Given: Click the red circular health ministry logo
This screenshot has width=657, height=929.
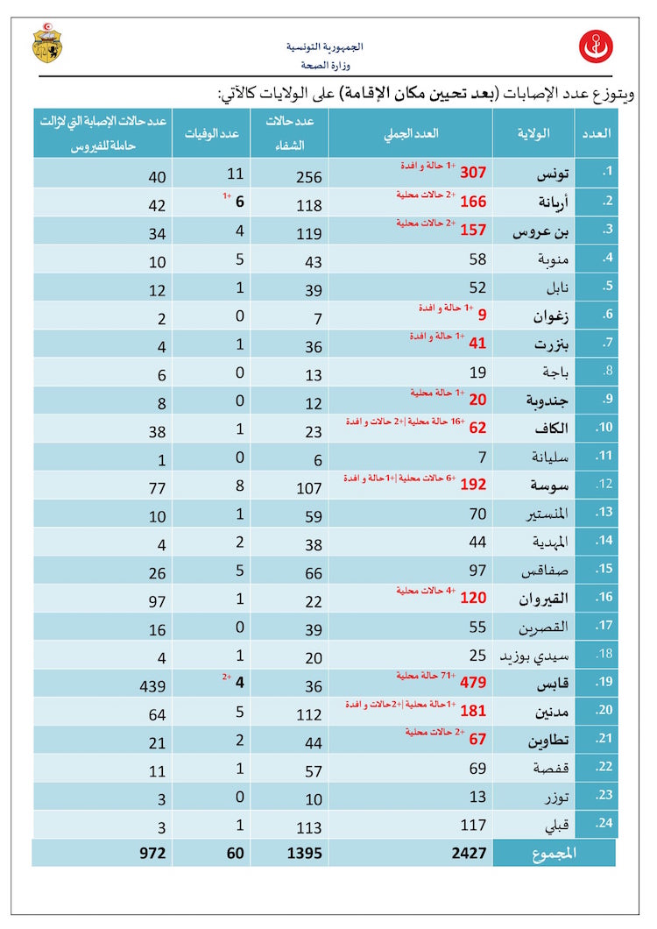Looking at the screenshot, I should pos(596,46).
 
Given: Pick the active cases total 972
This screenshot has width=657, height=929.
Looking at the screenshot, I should pos(152,853).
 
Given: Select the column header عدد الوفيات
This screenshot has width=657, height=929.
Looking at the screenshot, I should pos(212,133).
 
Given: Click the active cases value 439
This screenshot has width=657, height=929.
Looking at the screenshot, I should pos(151,684).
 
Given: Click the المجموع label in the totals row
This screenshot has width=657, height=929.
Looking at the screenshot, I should pos(554,853).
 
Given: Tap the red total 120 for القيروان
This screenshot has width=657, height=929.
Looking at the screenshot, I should pos(471,599).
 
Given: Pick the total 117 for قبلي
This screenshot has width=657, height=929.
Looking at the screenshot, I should pos(474,825).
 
